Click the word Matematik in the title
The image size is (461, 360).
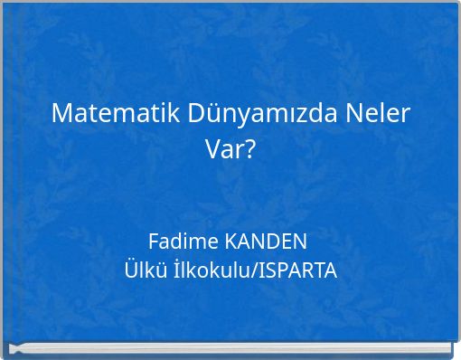(117, 114)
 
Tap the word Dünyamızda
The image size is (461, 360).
(262, 114)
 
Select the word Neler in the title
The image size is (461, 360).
(378, 114)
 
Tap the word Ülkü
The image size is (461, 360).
(141, 270)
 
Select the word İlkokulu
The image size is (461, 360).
(209, 270)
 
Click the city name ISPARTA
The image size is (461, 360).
(297, 270)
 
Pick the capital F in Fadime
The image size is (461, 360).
(153, 242)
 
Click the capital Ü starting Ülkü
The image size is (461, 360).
(129, 270)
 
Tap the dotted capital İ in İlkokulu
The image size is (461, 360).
(167, 270)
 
